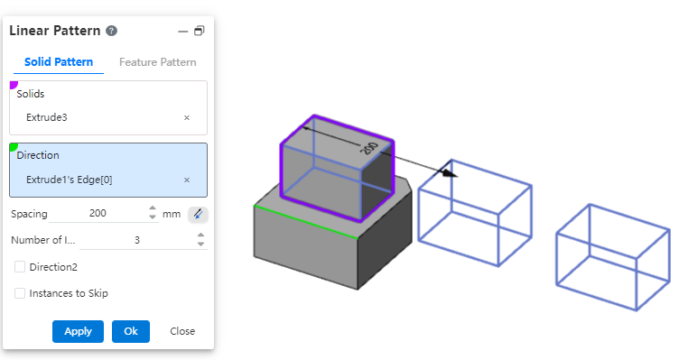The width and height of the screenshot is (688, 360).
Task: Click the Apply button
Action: (79, 331)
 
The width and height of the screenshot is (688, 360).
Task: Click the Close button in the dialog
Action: (182, 331)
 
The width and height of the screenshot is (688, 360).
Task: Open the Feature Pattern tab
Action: (157, 62)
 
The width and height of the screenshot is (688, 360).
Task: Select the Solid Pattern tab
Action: (59, 62)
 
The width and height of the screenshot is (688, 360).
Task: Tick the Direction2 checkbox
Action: (20, 266)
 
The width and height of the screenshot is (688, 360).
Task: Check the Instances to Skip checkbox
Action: (20, 293)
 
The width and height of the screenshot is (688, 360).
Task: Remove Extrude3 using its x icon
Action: (187, 117)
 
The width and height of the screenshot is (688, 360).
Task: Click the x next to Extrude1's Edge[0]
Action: (187, 180)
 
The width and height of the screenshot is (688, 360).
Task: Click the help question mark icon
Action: (112, 31)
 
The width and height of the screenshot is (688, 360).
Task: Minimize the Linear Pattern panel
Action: (183, 32)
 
